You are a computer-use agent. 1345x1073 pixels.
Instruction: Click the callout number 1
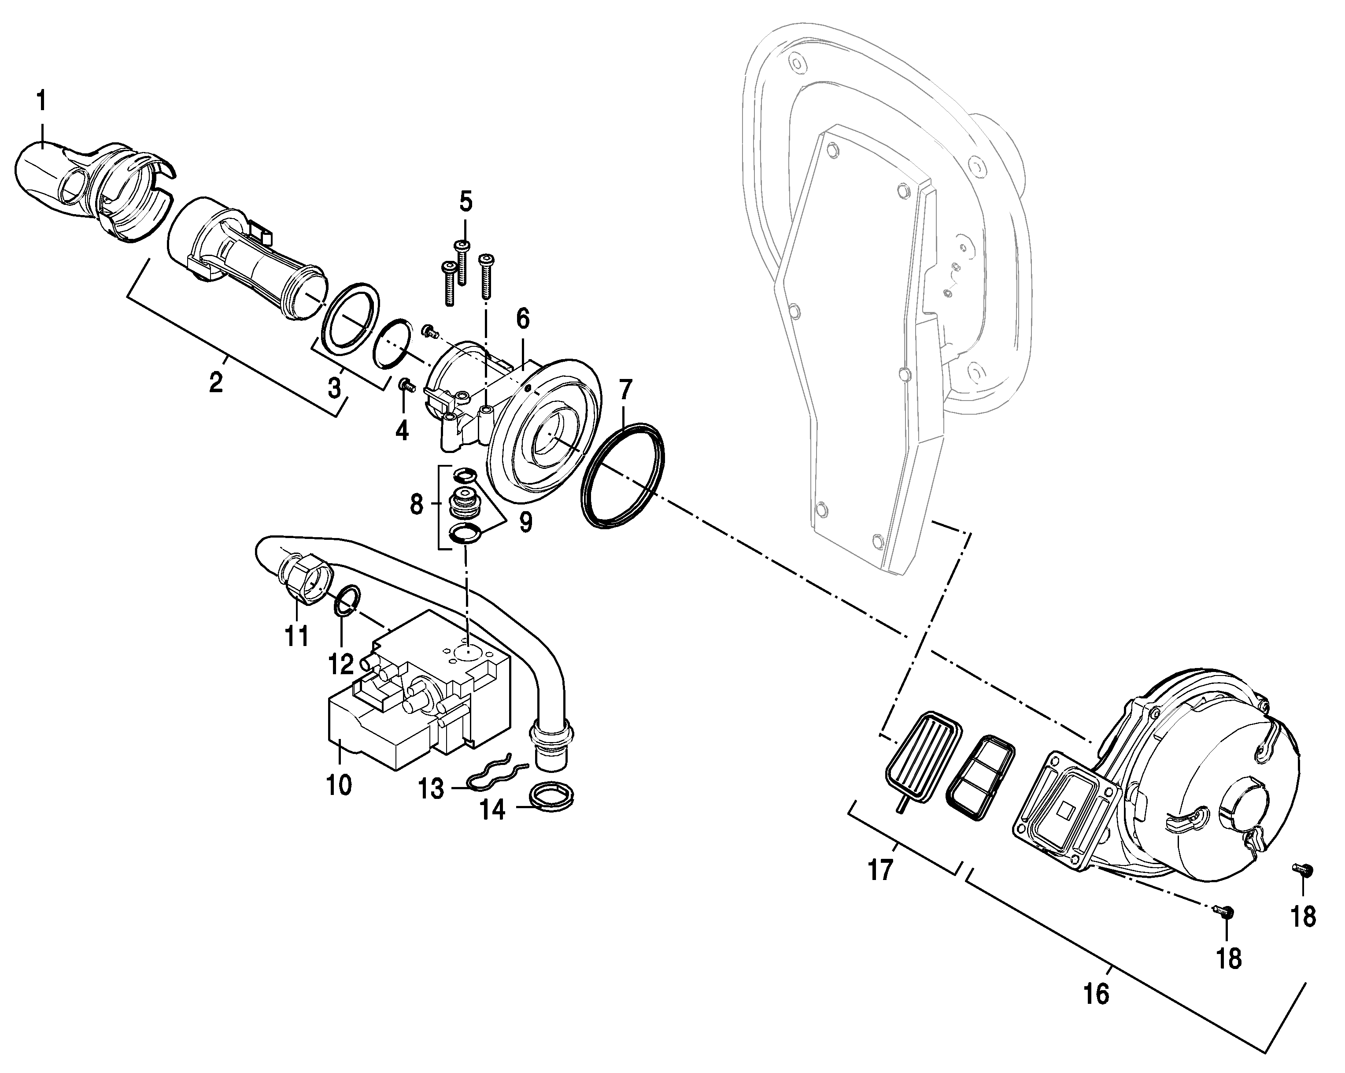(x=42, y=100)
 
